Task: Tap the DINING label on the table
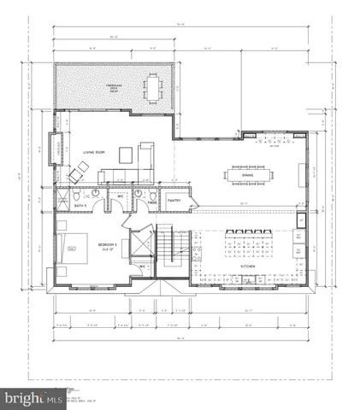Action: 247,175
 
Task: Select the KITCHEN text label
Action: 248,266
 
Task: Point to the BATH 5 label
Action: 81,207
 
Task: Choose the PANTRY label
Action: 174,202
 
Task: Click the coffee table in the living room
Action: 125,155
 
